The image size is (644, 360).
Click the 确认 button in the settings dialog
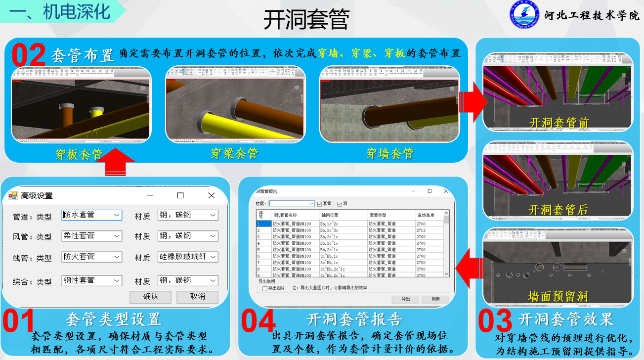pos(150,297)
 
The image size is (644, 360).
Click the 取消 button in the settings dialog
pos(197,297)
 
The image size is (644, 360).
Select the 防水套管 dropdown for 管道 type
pos(91,215)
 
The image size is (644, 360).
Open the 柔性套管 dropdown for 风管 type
pos(91,236)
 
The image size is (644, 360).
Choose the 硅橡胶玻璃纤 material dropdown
pos(188,257)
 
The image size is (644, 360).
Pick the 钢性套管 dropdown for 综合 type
pos(91,280)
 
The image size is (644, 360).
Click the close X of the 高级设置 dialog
pos(212,195)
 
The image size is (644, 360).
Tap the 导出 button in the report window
pos(405,299)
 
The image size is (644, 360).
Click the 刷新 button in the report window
pos(435,299)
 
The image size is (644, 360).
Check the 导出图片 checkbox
pos(265,288)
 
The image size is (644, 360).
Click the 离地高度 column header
pos(426,215)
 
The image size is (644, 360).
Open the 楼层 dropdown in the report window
pos(292,203)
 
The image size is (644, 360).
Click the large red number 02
pos(29,55)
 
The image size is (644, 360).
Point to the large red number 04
pos(258,321)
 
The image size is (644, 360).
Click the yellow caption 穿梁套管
pos(235,154)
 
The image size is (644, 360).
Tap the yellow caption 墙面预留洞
pos(558,297)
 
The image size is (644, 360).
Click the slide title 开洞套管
pos(306,20)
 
